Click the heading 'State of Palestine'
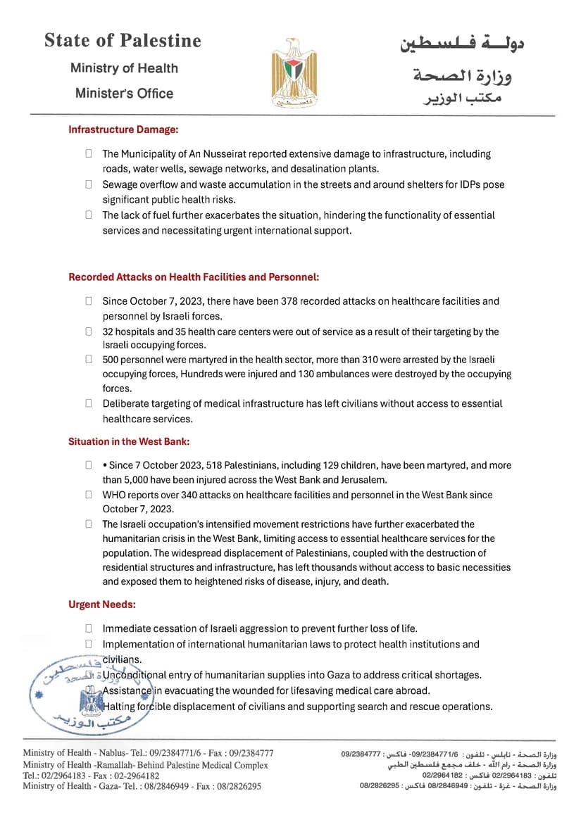tap(123, 41)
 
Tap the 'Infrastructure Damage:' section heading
tap(123, 129)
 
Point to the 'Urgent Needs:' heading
tap(102, 605)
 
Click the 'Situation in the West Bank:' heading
tap(129, 442)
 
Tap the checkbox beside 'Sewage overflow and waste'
tap(89, 184)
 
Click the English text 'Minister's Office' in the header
tap(124, 94)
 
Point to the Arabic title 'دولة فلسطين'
tap(462, 44)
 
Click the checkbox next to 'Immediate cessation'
tap(89, 628)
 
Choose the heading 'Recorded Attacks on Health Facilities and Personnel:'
tap(194, 277)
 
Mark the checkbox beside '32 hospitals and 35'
tap(89, 331)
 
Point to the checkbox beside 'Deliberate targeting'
tap(89, 404)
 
